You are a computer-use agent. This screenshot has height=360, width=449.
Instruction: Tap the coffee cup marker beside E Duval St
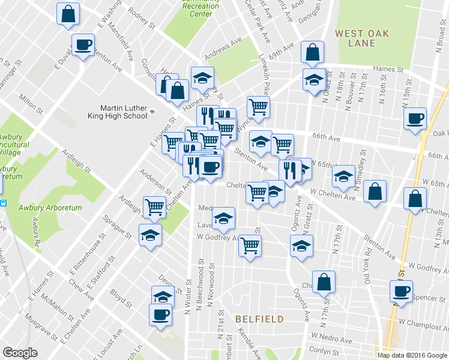[83, 44]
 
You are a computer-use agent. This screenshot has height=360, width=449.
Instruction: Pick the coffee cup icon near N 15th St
[415, 118]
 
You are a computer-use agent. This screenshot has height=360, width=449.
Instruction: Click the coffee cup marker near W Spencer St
[400, 292]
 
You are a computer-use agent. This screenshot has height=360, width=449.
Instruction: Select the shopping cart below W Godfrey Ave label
[250, 245]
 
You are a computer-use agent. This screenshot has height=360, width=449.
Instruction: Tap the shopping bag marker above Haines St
[313, 53]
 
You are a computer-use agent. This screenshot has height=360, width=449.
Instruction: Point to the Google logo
[20, 352]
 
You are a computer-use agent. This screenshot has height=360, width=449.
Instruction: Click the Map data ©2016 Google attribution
[412, 355]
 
